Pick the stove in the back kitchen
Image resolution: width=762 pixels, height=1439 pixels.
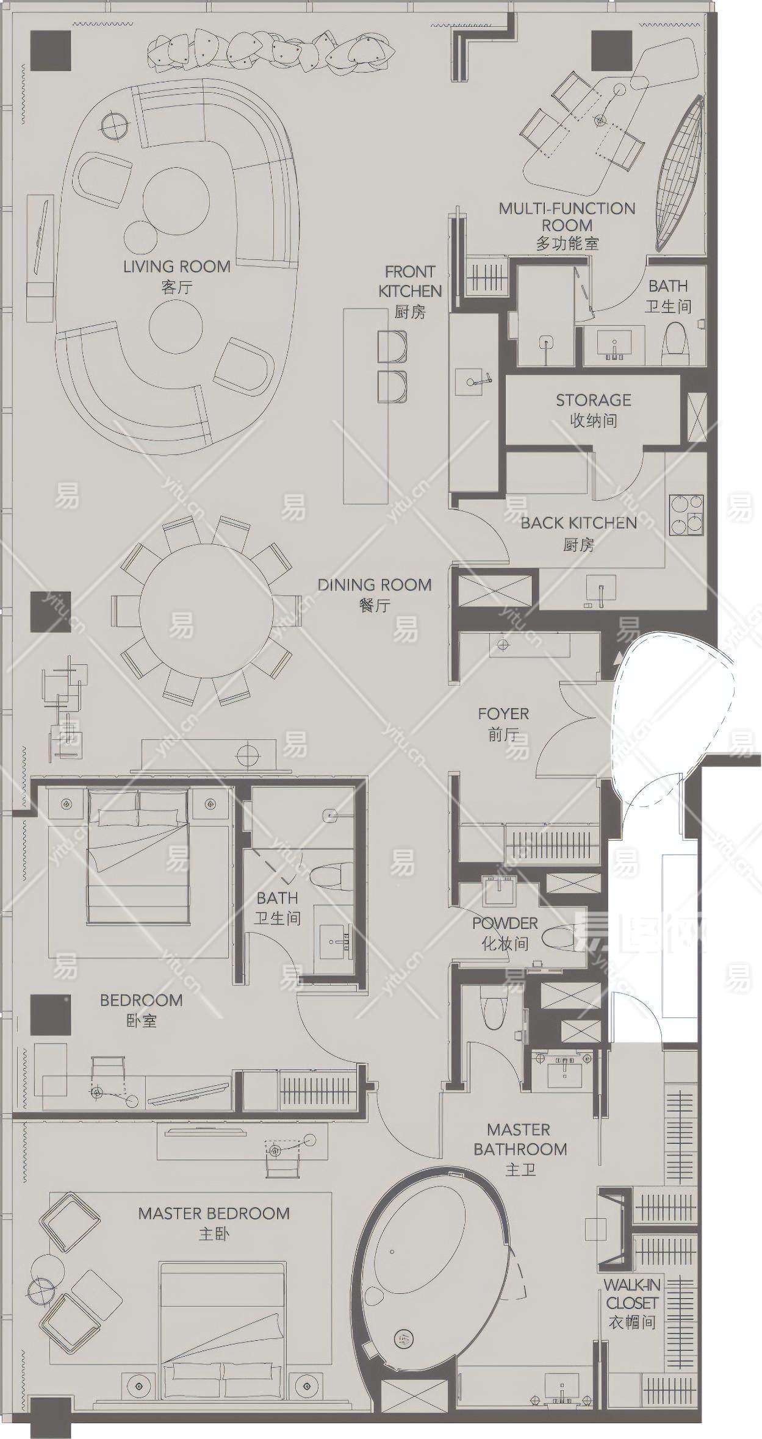tap(687, 515)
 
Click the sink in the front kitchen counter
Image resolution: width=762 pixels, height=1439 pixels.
tap(473, 382)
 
